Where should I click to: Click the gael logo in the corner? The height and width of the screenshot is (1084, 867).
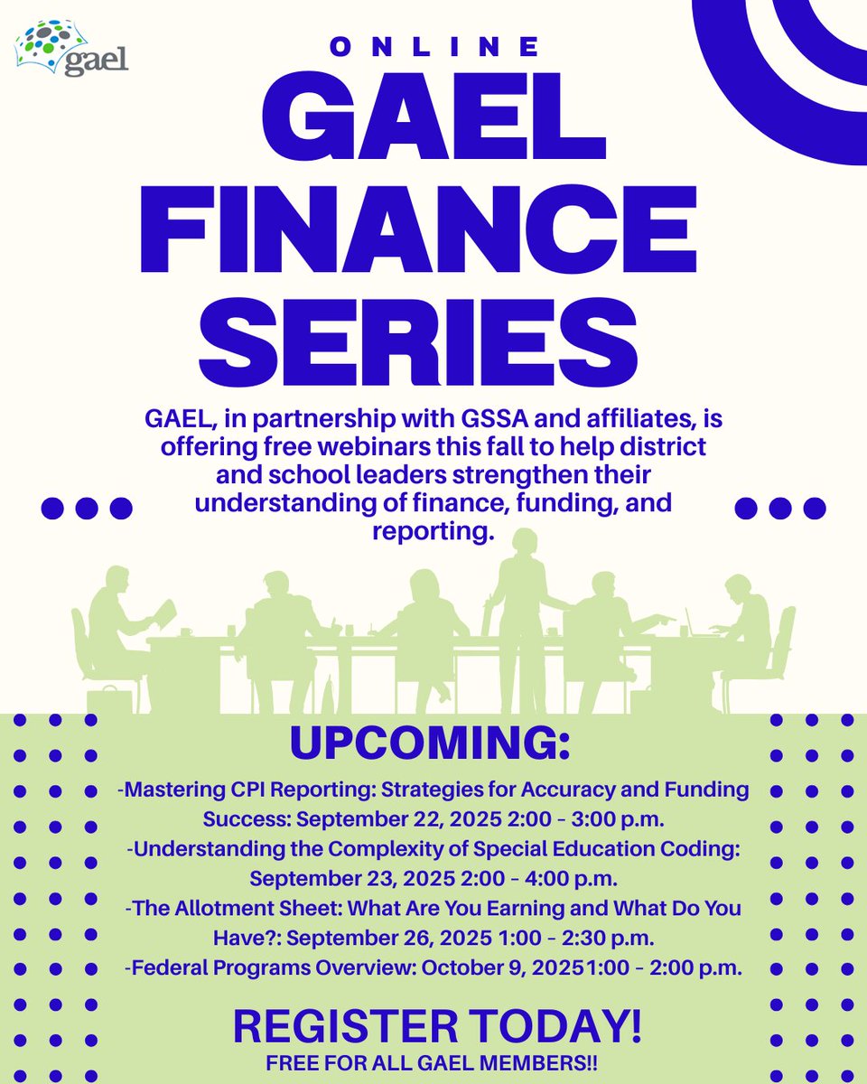pos(71,51)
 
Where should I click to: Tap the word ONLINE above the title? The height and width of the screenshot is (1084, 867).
pos(434,47)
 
